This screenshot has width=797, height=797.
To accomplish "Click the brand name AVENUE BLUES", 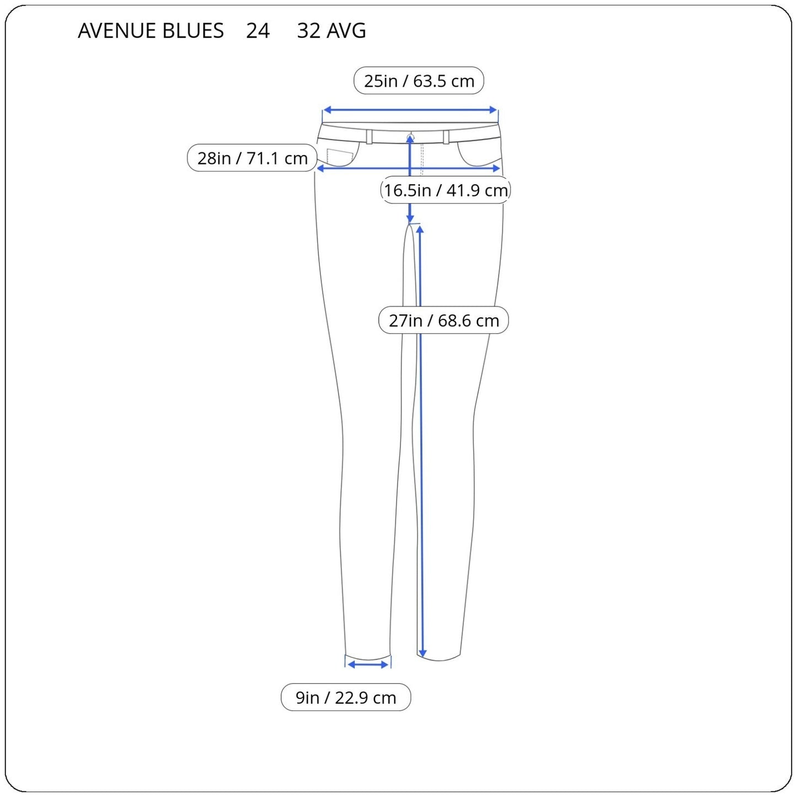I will coord(151,31).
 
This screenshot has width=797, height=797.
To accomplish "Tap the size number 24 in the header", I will coord(258,31).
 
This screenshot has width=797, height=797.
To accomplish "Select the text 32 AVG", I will coord(331,31).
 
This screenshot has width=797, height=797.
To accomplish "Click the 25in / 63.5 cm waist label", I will coord(419,81).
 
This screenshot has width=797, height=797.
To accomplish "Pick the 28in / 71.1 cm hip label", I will coord(252,158).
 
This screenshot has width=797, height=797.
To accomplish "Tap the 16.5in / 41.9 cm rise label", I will coord(445,190).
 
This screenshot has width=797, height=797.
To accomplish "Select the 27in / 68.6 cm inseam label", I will coord(443,320).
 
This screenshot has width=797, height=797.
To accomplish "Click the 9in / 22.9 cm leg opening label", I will coord(346,698).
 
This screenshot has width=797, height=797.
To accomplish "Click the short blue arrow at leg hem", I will coord(368,665).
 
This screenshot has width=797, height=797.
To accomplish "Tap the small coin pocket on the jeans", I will coord(339,157).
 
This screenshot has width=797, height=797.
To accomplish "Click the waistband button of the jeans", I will coord(410,136).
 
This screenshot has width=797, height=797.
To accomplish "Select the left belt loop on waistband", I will coord(369,136).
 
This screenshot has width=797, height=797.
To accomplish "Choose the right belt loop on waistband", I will coord(446,136).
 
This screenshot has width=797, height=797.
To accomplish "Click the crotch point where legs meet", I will coord(410,224).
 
